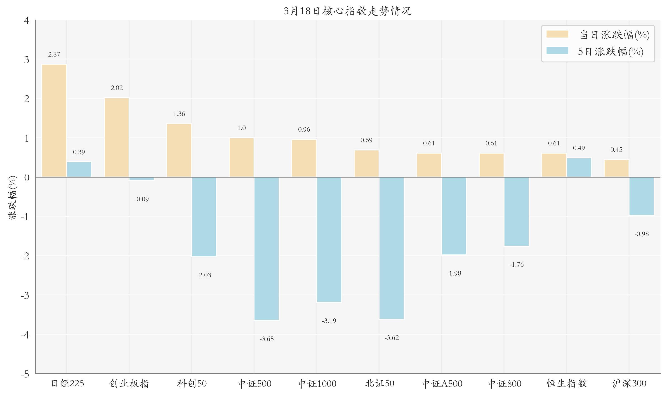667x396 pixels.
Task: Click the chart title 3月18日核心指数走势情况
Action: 347,11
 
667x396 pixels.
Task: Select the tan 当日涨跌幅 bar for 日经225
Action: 54,121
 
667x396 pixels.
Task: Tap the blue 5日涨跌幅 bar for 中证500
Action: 266,249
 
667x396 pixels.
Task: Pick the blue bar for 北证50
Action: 391,248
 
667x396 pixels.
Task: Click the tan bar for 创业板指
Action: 117,138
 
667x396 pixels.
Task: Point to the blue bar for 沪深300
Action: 641,196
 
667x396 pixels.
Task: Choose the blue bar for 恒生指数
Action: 579,168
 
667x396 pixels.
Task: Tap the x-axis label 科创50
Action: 192,384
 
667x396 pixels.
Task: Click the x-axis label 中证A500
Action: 442,384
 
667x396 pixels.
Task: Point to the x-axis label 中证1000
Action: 317,384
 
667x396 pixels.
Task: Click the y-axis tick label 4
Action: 26,21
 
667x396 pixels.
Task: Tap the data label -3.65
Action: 266,339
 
